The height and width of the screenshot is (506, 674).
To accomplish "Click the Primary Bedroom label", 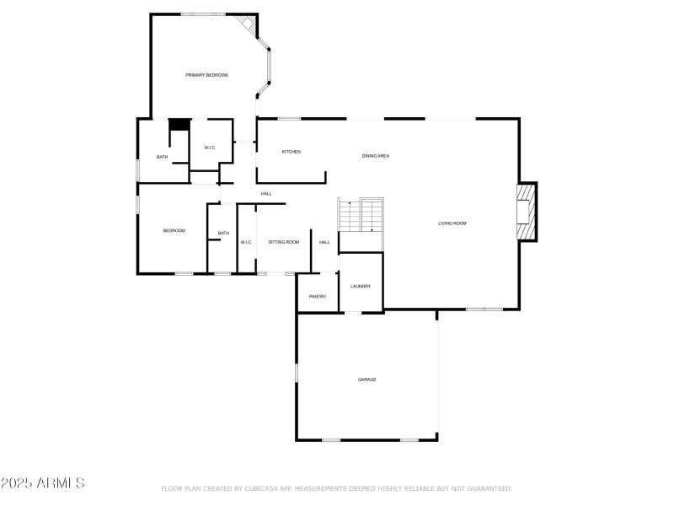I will (x=206, y=75).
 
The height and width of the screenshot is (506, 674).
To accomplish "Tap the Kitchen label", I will (x=291, y=152).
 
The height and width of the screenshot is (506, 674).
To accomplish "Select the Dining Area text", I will (x=375, y=156).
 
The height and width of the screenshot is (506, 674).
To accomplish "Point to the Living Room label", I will (x=452, y=223).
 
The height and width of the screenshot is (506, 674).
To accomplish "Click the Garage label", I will (x=366, y=379).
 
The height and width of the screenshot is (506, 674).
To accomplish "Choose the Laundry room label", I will (x=361, y=287).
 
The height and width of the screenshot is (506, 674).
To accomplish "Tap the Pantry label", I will (x=318, y=296).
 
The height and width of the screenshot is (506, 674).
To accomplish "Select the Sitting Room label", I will (x=283, y=242).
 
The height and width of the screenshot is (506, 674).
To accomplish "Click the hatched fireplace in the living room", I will (x=526, y=211).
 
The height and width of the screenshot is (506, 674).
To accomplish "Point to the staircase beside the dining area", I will (x=361, y=215).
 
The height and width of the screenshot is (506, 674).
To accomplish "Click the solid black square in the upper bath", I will (x=179, y=125).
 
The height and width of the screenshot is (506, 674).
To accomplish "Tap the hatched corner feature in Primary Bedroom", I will (x=246, y=24).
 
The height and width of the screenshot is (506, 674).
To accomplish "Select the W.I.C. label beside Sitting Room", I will (x=246, y=242).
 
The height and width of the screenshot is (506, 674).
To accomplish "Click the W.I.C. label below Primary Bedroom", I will (x=210, y=148).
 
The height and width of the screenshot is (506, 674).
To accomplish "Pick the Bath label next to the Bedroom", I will (x=223, y=234).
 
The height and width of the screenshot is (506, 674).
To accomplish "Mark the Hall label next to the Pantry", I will (x=324, y=242).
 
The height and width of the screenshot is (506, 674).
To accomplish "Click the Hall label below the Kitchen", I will (x=266, y=194).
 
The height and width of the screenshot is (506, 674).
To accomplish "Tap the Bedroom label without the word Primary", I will (x=174, y=230).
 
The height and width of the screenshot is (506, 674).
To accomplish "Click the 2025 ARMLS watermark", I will (x=42, y=483).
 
